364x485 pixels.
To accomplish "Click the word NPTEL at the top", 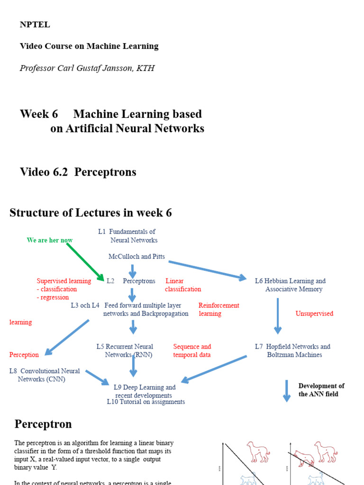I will click(35, 25).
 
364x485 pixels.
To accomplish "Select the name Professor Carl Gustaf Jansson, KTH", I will click(87, 68).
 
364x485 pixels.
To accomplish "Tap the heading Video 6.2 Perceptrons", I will click(78, 172).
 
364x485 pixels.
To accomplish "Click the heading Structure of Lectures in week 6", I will click(91, 213).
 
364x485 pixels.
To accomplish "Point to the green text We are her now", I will click(50, 240).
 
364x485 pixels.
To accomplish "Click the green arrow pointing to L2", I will click(85, 261).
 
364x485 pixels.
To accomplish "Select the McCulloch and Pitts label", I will click(136, 256).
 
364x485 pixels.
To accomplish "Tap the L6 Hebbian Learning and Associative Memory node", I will click(291, 285).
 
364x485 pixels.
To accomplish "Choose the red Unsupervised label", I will click(314, 314).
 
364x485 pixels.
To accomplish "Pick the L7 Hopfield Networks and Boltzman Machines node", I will click(292, 350).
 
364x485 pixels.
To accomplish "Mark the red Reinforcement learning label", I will click(218, 309).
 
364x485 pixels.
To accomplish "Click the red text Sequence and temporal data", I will click(192, 350).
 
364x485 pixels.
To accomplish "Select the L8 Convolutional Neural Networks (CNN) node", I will click(44, 375).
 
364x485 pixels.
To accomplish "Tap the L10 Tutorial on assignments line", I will click(146, 402).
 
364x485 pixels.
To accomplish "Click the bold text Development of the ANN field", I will click(321, 390).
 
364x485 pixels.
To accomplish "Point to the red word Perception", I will click(24, 355).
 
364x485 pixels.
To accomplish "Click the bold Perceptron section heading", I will click(43, 424).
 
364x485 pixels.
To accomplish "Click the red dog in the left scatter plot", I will click(258, 451).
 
